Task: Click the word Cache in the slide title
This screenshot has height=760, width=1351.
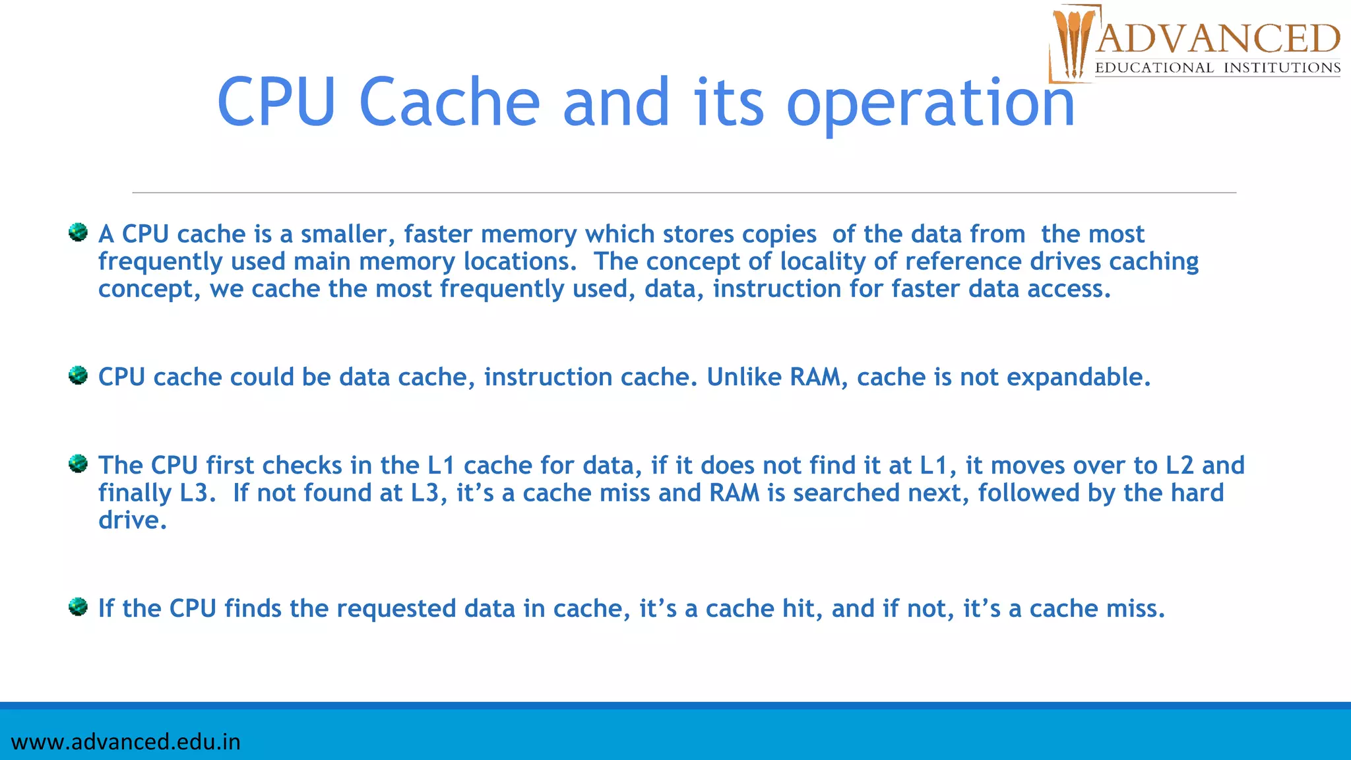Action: pyautogui.click(x=449, y=102)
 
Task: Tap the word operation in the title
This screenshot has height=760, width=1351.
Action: pyautogui.click(x=930, y=104)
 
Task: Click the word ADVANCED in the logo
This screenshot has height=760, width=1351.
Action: pyautogui.click(x=1218, y=39)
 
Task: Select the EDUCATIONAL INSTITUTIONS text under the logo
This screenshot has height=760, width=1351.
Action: pyautogui.click(x=1218, y=68)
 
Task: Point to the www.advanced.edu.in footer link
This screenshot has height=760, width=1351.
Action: pyautogui.click(x=126, y=742)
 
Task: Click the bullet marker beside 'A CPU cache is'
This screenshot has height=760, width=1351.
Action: pyautogui.click(x=79, y=232)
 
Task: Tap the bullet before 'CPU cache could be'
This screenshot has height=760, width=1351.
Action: pyautogui.click(x=79, y=375)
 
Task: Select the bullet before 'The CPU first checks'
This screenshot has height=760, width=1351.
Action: pyautogui.click(x=79, y=464)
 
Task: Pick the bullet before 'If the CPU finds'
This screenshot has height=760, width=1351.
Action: pyautogui.click(x=79, y=606)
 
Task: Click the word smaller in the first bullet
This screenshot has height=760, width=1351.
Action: pyautogui.click(x=348, y=234)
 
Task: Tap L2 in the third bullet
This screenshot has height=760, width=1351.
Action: pyautogui.click(x=1179, y=466)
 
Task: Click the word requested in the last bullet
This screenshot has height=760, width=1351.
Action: pyautogui.click(x=397, y=609)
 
